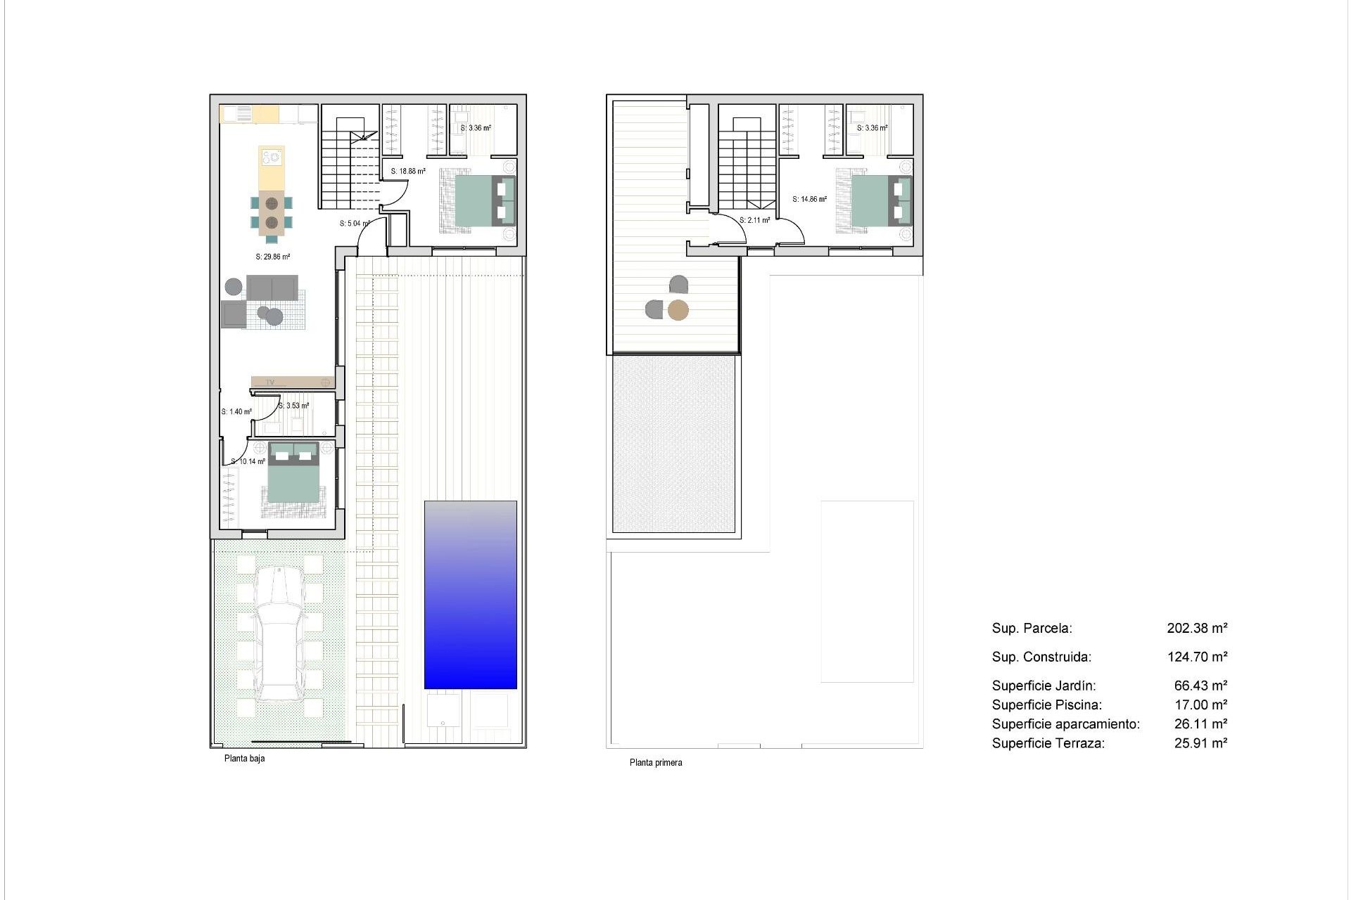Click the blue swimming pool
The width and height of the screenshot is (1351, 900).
coord(470,595)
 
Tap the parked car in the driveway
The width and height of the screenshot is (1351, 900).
coord(280,635)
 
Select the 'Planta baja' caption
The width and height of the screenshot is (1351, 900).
coord(244,759)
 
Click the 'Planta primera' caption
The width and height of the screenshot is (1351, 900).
coord(655,762)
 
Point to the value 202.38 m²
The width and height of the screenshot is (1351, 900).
coord(1197,628)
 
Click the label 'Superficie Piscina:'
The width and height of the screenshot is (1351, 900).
coord(1046,705)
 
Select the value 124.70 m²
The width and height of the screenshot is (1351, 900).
coord(1197,657)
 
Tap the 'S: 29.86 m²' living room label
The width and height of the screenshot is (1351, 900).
coord(273,257)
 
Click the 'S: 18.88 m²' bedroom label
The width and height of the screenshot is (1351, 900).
coord(408,171)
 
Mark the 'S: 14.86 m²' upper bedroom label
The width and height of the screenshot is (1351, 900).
coord(809,199)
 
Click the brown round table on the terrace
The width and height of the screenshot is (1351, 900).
coord(678,309)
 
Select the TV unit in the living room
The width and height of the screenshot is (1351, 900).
coord(293,382)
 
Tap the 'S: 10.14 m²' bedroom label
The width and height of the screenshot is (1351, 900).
coord(248,462)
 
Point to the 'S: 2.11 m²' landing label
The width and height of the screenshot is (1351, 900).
coord(754,220)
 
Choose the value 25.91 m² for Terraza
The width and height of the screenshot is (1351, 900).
coord(1200,742)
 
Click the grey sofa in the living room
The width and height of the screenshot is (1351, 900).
coord(272,287)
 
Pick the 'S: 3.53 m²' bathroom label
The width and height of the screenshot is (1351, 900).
coord(293,406)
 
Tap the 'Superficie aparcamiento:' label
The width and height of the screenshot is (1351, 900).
coord(1065,724)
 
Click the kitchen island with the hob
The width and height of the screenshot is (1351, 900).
coord(272,167)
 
